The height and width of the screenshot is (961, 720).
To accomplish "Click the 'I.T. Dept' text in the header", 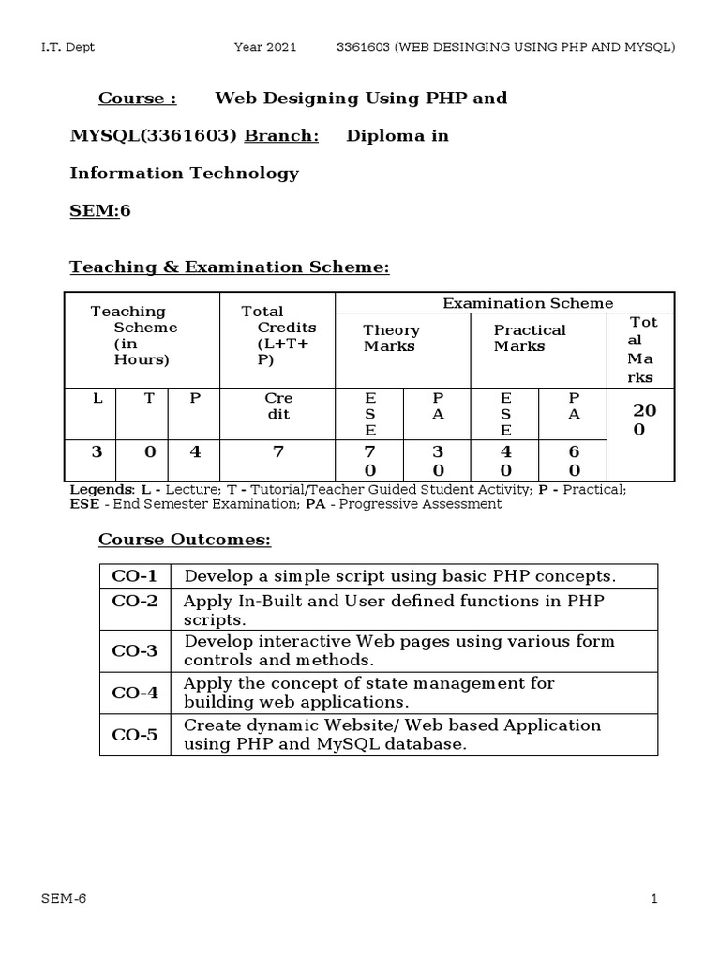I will tap(67, 47).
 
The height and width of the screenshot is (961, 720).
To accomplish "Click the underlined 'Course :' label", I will tap(138, 99).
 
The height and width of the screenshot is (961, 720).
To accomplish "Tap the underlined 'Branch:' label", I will tap(281, 136).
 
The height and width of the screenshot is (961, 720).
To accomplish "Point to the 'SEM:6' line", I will tap(100, 210).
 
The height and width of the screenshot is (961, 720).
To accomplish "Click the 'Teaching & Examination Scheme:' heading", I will tap(230, 267).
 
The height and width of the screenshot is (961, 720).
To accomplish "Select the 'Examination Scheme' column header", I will tap(528, 303).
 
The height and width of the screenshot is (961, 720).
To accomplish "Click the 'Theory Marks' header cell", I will tap(391, 338).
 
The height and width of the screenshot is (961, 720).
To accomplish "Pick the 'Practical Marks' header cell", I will tap(530, 338).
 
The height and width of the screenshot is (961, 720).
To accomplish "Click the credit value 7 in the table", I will tap(277, 452).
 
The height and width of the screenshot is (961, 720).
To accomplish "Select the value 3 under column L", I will tap(97, 452).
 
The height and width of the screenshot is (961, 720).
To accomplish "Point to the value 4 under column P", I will tap(195, 452).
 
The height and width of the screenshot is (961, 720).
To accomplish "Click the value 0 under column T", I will tap(148, 452).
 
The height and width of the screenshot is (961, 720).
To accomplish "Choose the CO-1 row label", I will tap(135, 576).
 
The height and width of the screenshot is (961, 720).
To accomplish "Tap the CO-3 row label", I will tap(135, 650).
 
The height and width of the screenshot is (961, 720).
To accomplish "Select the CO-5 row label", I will tap(135, 734).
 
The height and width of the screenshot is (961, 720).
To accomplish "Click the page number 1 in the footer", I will tap(654, 899).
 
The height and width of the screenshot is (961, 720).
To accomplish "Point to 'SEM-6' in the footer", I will tap(64, 899).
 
